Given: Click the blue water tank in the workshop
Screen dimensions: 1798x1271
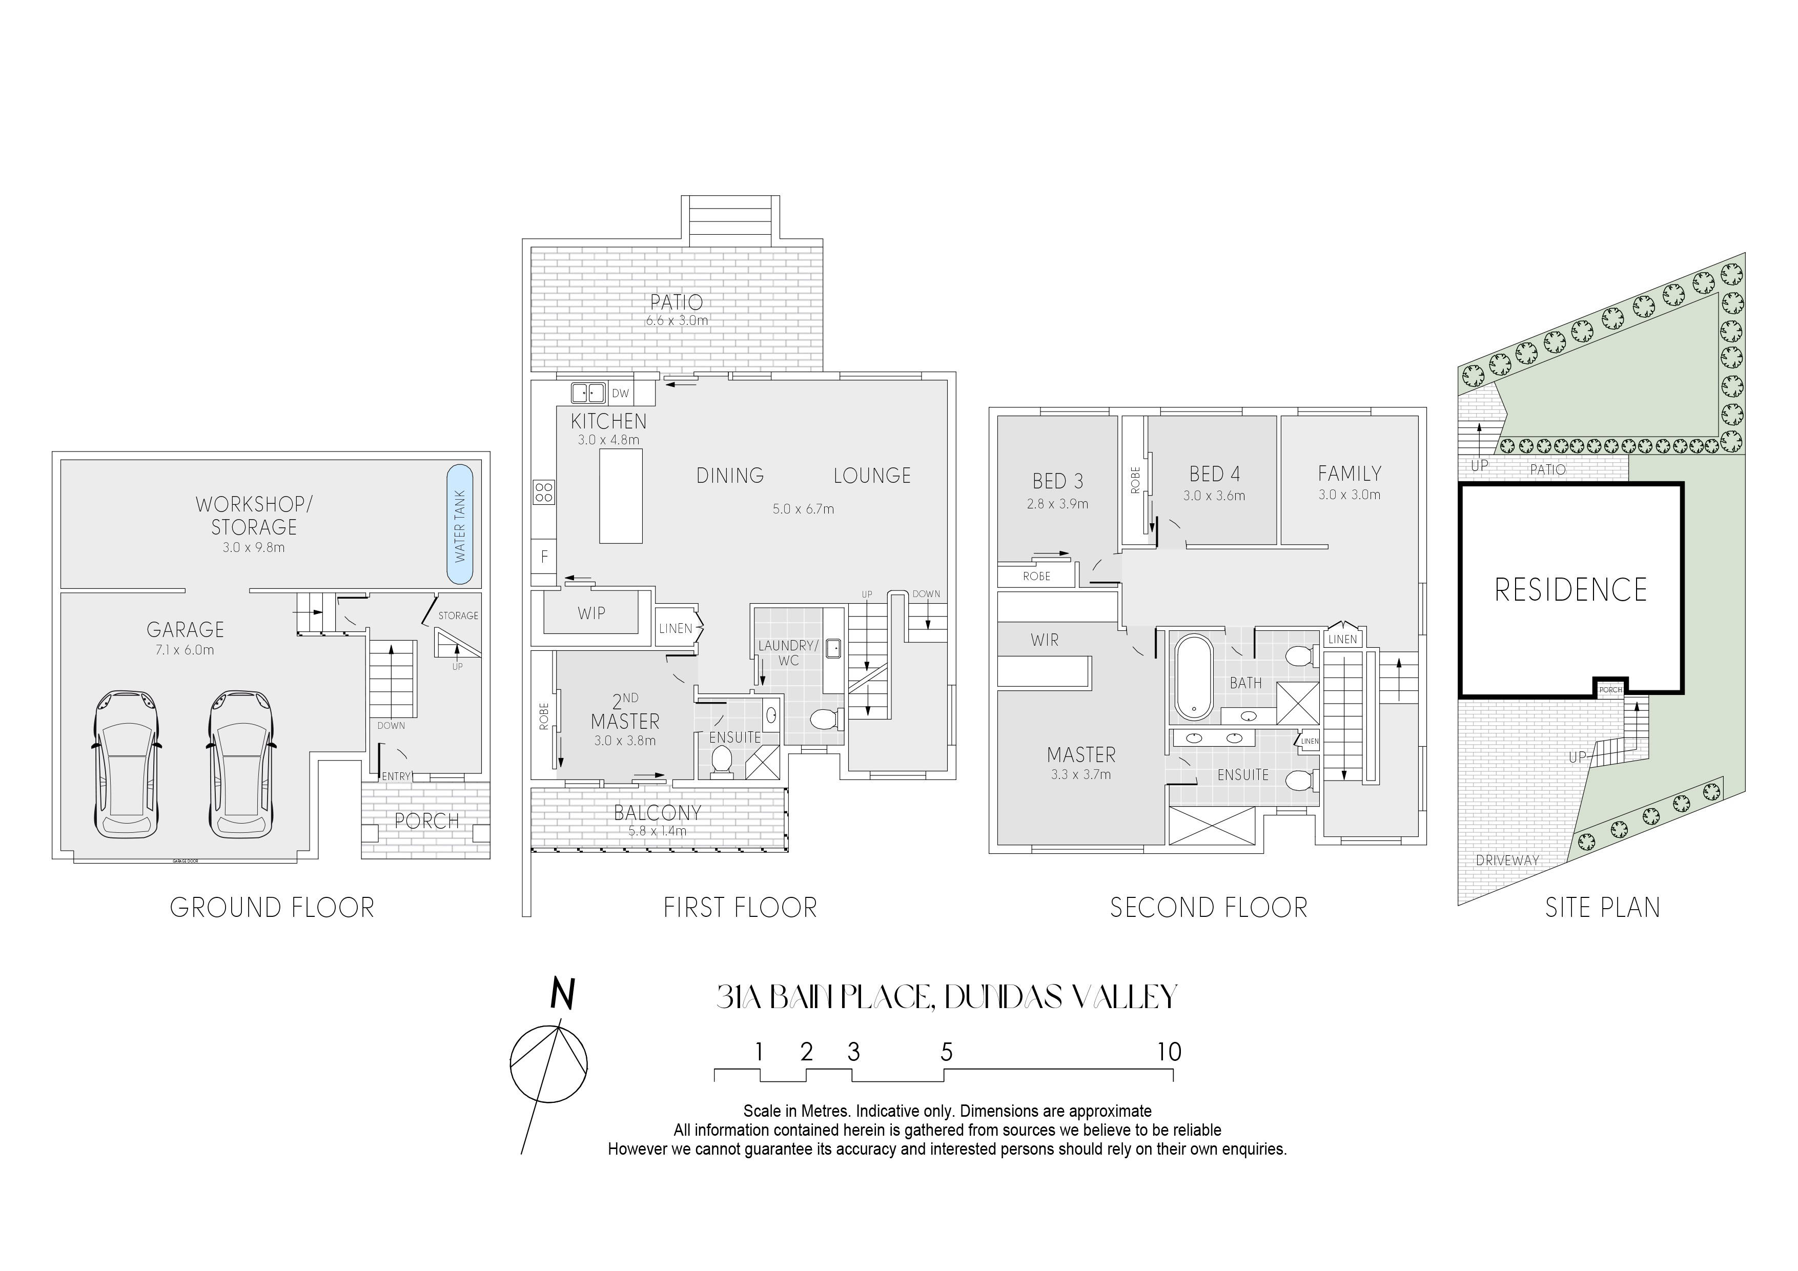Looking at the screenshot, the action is tap(460, 525).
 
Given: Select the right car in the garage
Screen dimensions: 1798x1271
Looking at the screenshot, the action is tap(241, 764).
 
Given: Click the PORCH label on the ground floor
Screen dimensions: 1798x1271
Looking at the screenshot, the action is tap(427, 821).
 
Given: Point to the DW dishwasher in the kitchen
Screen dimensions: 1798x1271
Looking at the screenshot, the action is tap(620, 393).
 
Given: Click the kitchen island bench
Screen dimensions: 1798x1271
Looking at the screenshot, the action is tap(621, 496).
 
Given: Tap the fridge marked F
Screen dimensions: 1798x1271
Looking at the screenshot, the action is tap(543, 557).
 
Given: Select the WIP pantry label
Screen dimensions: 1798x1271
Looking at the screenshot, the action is tap(591, 613).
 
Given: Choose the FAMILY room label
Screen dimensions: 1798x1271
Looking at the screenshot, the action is tap(1350, 473).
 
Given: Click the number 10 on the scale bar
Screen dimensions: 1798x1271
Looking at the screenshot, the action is tap(1169, 1052).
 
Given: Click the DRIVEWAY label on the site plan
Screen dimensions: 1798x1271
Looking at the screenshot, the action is tap(1507, 860).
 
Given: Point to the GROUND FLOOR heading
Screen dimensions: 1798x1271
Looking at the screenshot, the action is tap(272, 908).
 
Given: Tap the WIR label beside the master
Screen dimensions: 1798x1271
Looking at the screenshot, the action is tap(1045, 640).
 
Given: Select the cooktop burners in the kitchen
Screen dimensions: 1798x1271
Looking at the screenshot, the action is tap(543, 492).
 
